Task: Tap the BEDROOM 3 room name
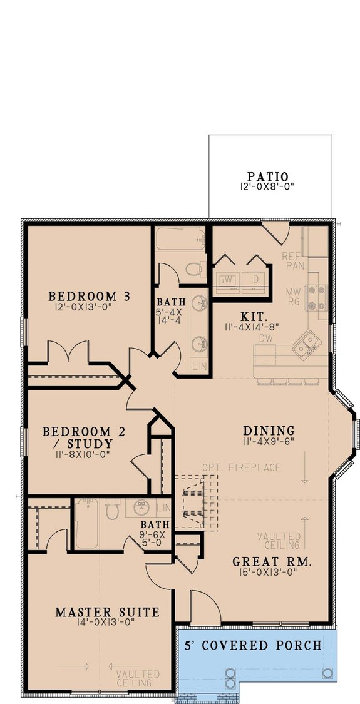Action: pos(90,295)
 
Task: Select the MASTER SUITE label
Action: pos(107,611)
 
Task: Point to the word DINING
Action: pos(269,431)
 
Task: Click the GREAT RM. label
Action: pos(272,561)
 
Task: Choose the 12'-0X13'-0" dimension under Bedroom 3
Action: pos(89,307)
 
